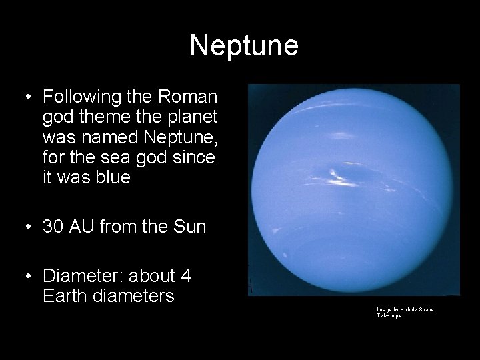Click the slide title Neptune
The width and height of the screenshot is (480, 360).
(244, 45)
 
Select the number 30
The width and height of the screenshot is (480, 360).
(55, 227)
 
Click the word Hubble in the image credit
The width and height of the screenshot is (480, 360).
(407, 310)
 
